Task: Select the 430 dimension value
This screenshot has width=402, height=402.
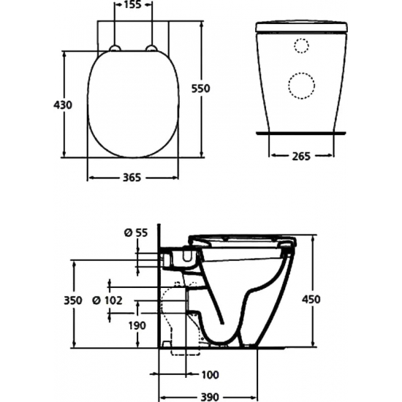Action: [x=63, y=105]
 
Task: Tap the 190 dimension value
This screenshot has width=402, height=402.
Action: [x=136, y=325]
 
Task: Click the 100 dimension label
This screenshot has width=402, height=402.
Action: [x=209, y=375]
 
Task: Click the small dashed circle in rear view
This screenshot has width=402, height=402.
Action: [x=300, y=46]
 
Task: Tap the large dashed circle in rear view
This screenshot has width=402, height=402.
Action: [x=300, y=86]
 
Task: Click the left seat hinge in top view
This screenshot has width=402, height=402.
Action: [x=115, y=49]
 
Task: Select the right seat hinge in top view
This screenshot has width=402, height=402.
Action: [x=152, y=49]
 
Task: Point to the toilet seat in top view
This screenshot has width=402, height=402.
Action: [x=133, y=102]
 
